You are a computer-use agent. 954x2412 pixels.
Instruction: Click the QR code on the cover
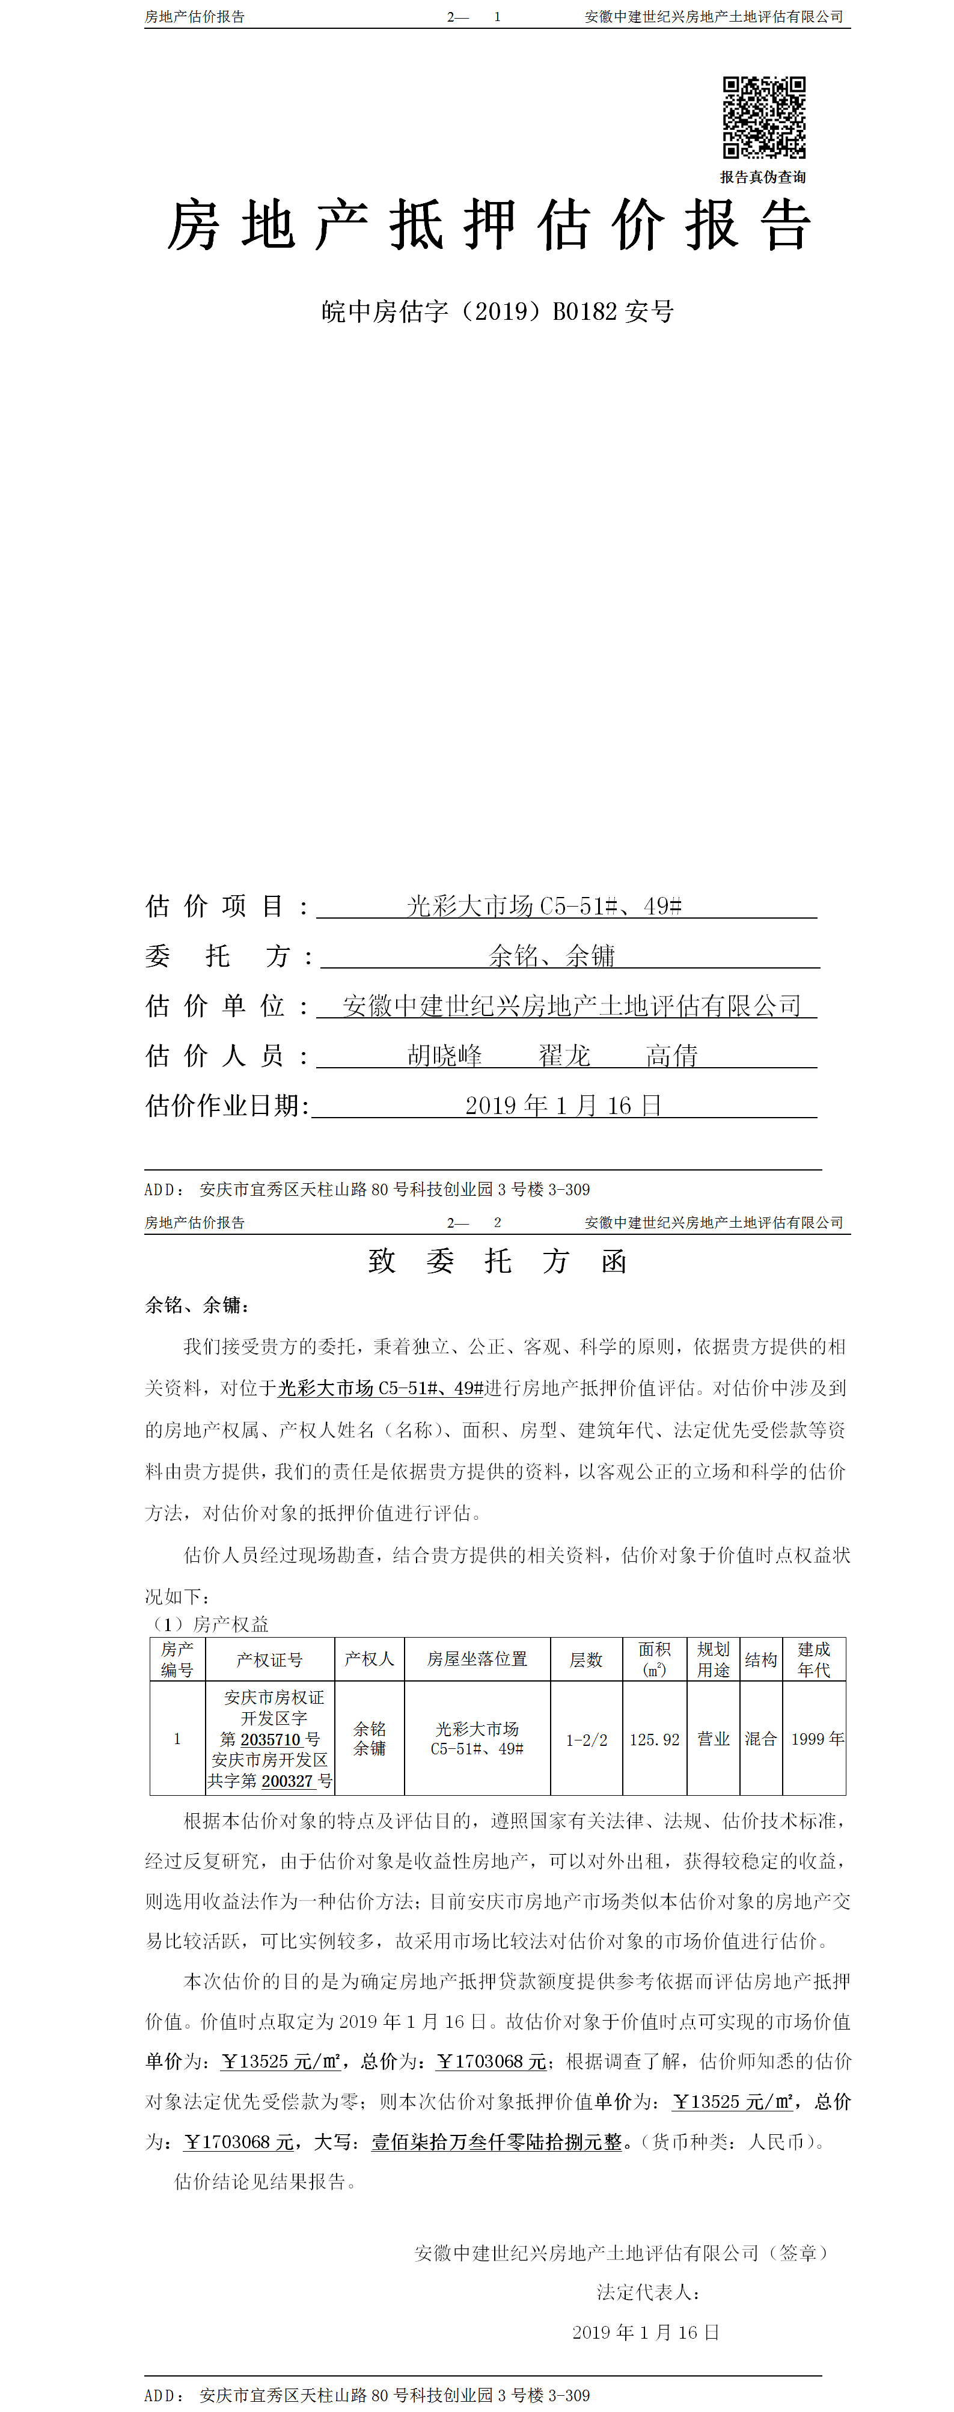click(764, 117)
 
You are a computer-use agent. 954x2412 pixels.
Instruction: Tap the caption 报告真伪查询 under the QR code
click(762, 177)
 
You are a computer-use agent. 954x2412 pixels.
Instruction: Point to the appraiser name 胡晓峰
click(445, 1056)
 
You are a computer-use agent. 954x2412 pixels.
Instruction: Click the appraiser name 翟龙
click(564, 1056)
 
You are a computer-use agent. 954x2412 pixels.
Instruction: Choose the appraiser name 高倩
click(671, 1056)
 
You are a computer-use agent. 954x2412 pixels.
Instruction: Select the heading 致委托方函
click(497, 1261)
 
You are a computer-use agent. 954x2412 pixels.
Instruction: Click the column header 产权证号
click(270, 1660)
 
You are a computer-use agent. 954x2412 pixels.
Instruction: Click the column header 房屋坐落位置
click(477, 1659)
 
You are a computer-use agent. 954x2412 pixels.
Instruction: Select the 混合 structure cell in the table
click(760, 1739)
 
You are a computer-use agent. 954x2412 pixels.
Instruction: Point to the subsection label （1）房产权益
click(210, 1624)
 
